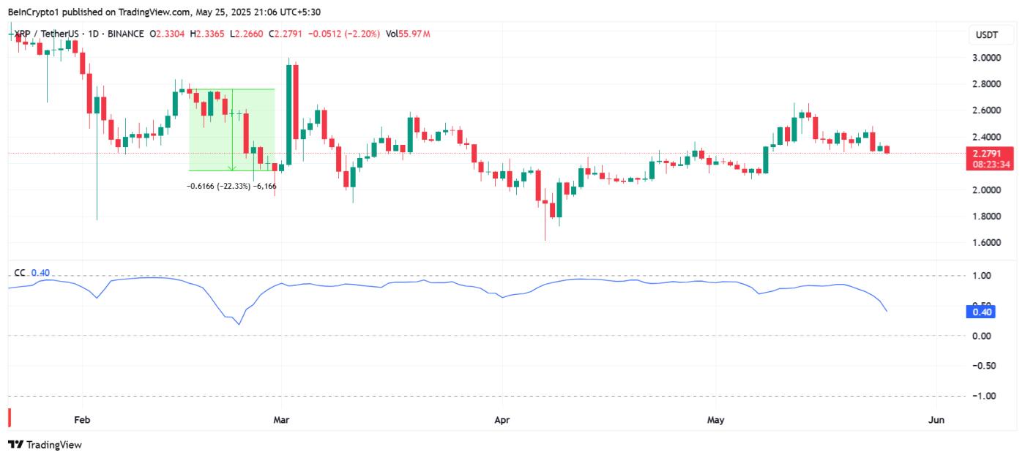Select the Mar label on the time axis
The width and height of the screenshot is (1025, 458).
click(282, 420)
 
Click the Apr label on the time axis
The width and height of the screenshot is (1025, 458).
click(502, 420)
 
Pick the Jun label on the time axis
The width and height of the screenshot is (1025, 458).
click(936, 420)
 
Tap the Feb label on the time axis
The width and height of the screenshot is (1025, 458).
click(82, 420)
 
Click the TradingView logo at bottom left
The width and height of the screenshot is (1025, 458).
click(45, 444)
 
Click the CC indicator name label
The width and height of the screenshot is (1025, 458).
click(19, 273)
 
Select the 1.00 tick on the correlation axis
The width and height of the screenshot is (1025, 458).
click(983, 276)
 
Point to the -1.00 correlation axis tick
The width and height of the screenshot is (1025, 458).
click(981, 396)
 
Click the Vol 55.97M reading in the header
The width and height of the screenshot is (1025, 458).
click(408, 34)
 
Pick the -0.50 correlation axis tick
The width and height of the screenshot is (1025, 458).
click(981, 366)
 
